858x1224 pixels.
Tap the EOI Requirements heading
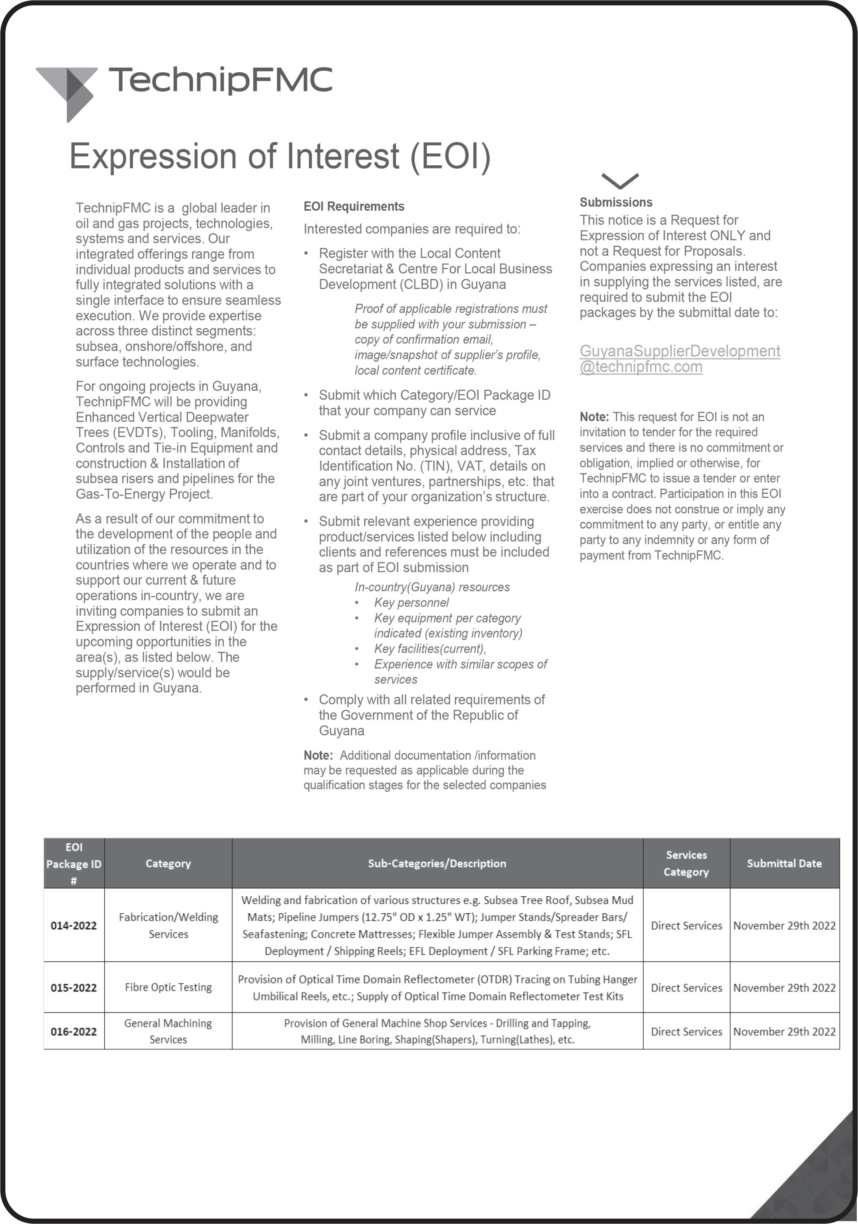(x=354, y=206)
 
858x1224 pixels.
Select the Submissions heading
(x=616, y=202)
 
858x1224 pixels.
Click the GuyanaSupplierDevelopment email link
(x=679, y=359)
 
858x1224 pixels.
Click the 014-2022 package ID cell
(x=73, y=926)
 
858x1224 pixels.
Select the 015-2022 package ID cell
(x=73, y=987)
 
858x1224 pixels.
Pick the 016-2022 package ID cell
(x=73, y=1031)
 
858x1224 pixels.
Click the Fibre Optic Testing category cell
(x=168, y=987)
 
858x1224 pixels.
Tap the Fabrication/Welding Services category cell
(x=168, y=926)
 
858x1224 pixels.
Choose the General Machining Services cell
(x=168, y=1031)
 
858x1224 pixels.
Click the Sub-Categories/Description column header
(x=437, y=864)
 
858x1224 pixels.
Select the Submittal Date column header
(x=784, y=864)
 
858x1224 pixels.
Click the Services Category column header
(x=686, y=864)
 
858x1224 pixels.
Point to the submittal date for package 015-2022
(x=784, y=987)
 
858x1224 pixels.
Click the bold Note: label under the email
(x=594, y=417)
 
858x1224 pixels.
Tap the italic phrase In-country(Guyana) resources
(x=432, y=587)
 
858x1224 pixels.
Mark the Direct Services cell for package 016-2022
(x=686, y=1031)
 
